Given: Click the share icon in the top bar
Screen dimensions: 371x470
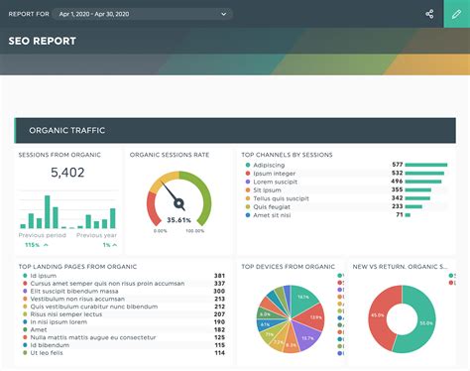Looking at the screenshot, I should click(x=429, y=14).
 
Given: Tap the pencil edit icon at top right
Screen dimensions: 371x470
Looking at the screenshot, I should click(x=457, y=14).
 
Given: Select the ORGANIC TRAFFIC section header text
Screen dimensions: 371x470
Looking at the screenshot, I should click(x=67, y=130).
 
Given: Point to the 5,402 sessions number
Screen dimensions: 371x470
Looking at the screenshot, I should click(x=67, y=173).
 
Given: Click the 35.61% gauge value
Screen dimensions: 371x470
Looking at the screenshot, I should click(x=179, y=220).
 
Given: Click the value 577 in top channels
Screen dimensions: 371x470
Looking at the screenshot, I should click(x=397, y=165).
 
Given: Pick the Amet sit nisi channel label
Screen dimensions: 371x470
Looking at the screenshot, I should click(x=271, y=214).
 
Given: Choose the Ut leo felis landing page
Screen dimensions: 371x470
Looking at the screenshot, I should click(x=47, y=352).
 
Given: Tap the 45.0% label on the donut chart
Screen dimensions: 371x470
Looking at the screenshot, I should click(x=378, y=314).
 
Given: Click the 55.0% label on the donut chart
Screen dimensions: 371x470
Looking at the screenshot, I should click(x=425, y=323).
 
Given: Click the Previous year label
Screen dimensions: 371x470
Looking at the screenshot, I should click(x=95, y=235).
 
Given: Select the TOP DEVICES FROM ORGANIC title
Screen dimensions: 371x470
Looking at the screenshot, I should click(x=289, y=266).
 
